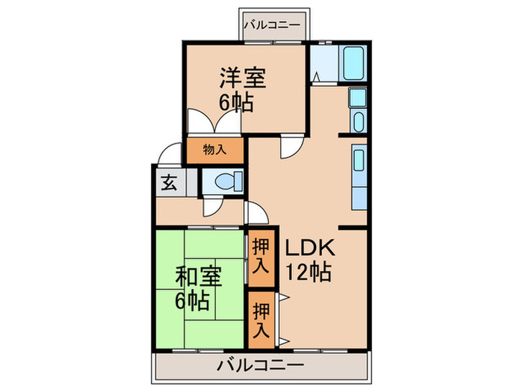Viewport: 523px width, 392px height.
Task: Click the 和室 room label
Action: [x=199, y=277]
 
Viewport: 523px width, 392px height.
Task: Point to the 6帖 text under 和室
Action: [x=192, y=301]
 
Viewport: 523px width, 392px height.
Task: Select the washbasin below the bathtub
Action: [x=358, y=121]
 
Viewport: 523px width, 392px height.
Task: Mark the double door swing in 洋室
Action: [x=205, y=124]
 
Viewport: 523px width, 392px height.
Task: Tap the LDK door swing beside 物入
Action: [x=290, y=146]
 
